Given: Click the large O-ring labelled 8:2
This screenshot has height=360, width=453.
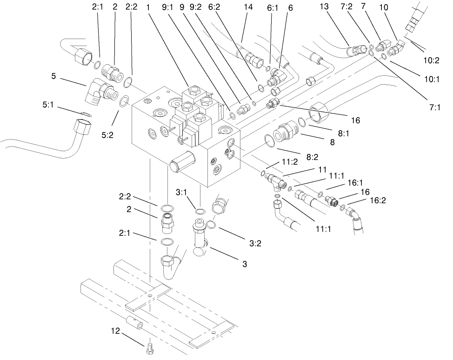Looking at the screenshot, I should click(268, 140).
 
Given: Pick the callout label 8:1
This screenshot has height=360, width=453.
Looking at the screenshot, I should click(344, 133).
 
